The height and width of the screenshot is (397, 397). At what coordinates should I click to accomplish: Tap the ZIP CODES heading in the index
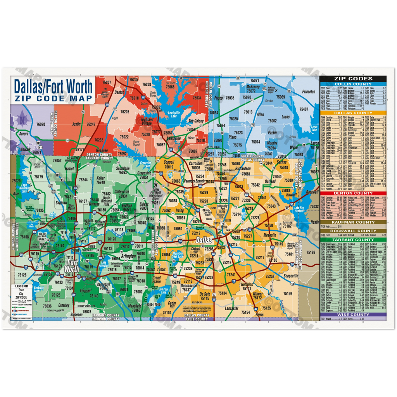353,79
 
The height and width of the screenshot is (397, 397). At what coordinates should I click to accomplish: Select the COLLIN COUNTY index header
353,84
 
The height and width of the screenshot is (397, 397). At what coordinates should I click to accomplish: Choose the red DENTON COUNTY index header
353,193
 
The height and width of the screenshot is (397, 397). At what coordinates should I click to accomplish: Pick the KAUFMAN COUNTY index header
353,222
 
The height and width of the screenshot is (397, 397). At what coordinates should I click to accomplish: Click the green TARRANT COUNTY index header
353,240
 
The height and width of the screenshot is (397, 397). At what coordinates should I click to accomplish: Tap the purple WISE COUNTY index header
353,314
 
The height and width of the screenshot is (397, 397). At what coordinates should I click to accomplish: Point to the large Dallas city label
204,240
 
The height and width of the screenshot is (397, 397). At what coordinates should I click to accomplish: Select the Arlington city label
128,256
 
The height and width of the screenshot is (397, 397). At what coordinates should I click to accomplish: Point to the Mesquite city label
269,235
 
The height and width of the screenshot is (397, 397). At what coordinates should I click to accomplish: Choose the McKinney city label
253,87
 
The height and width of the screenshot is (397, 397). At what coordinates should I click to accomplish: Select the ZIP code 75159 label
288,293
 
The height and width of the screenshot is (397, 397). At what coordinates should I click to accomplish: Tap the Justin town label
76,124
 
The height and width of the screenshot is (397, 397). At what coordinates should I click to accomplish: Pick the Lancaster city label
231,308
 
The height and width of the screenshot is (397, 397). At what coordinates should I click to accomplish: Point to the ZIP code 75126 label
311,252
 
